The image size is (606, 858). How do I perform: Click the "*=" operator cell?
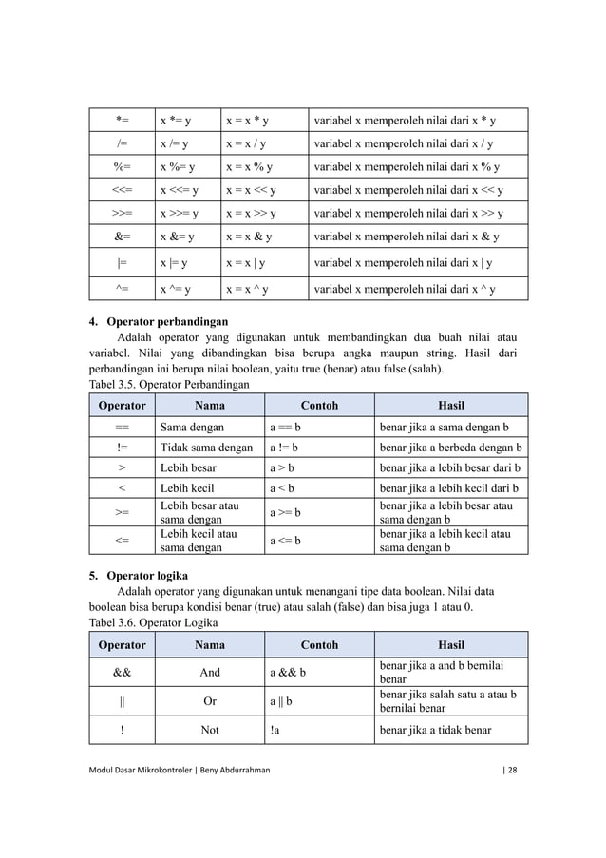123,121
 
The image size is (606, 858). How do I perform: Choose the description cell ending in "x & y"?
407,237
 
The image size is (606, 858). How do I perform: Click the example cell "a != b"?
284,448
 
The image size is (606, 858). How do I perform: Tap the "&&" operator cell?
123,672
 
